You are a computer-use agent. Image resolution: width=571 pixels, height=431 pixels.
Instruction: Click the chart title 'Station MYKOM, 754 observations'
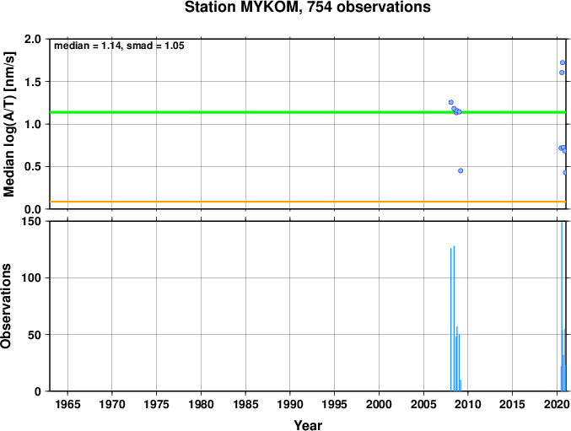[x=308, y=7]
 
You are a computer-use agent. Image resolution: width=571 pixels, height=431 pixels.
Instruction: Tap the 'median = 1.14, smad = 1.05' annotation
[x=119, y=46]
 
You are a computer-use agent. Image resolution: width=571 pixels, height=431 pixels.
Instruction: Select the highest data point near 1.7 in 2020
[x=563, y=62]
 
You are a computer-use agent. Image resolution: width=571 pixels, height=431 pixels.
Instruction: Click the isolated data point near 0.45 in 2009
[x=461, y=170]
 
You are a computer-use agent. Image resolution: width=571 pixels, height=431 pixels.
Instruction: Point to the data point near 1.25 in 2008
[x=451, y=102]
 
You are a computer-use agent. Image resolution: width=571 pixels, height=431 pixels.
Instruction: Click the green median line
[x=308, y=112]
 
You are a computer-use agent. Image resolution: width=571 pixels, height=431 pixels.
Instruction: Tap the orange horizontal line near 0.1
[x=308, y=202]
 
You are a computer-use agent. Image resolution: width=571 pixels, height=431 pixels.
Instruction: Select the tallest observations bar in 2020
[x=562, y=307]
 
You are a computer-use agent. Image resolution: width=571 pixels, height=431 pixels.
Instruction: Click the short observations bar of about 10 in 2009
[x=461, y=385]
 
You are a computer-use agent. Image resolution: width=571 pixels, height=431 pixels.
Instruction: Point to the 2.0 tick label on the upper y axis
[x=33, y=39]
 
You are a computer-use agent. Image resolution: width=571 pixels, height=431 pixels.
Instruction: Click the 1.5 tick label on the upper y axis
[x=33, y=82]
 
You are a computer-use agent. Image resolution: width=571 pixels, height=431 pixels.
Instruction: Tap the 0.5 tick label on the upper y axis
[x=33, y=167]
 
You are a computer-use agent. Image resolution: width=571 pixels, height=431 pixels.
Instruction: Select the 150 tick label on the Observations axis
[x=30, y=221]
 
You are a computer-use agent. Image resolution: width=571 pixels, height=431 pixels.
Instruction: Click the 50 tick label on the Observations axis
[x=35, y=335]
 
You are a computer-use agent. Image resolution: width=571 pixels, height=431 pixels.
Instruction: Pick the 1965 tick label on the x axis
[x=67, y=404]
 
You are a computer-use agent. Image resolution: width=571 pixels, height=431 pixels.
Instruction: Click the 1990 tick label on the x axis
[x=290, y=404]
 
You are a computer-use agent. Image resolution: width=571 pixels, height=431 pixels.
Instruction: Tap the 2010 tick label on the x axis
[x=468, y=404]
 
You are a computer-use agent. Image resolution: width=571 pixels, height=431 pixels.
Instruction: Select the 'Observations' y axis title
[x=6, y=306]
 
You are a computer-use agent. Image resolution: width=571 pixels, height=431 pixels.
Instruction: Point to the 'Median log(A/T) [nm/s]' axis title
[x=8, y=124]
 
